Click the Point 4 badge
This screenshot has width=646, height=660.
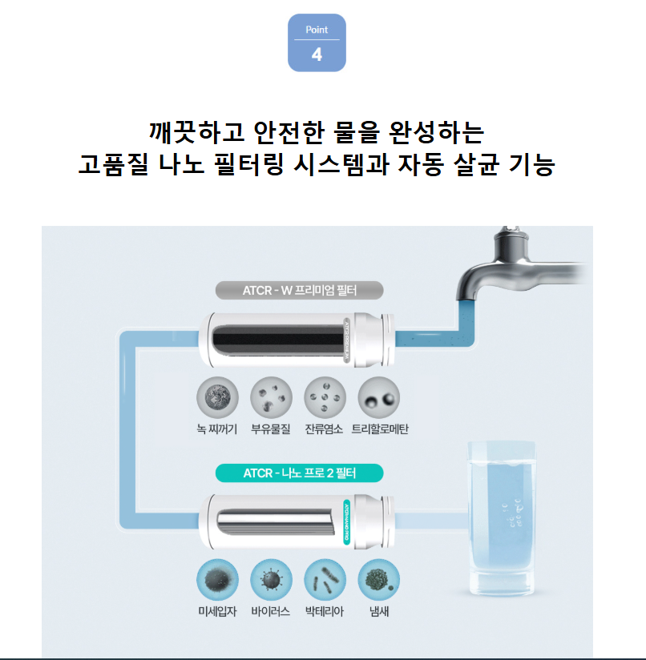pos(317,42)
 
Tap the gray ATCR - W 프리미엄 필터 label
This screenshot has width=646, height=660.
pos(300,291)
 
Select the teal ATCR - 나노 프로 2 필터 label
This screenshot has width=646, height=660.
pos(300,473)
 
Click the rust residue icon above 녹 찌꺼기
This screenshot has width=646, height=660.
pos(217,398)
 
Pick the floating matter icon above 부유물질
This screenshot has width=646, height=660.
pos(271,398)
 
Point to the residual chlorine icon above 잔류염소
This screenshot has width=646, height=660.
pos(325,398)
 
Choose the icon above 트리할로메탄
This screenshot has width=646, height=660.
pos(378,398)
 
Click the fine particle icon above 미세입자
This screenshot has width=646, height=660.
pos(217,580)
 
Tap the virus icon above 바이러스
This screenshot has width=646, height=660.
pos(271,580)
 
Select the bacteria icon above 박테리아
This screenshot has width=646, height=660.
pos(325,580)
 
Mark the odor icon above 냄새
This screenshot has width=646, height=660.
pos(378,580)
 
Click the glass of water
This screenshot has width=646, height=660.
pos(501,517)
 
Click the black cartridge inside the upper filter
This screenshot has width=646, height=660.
pos(278,340)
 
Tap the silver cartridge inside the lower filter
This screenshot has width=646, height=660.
pos(276,522)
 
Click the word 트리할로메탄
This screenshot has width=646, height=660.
pos(380,429)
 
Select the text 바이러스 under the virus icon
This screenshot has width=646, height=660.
pos(271,611)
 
